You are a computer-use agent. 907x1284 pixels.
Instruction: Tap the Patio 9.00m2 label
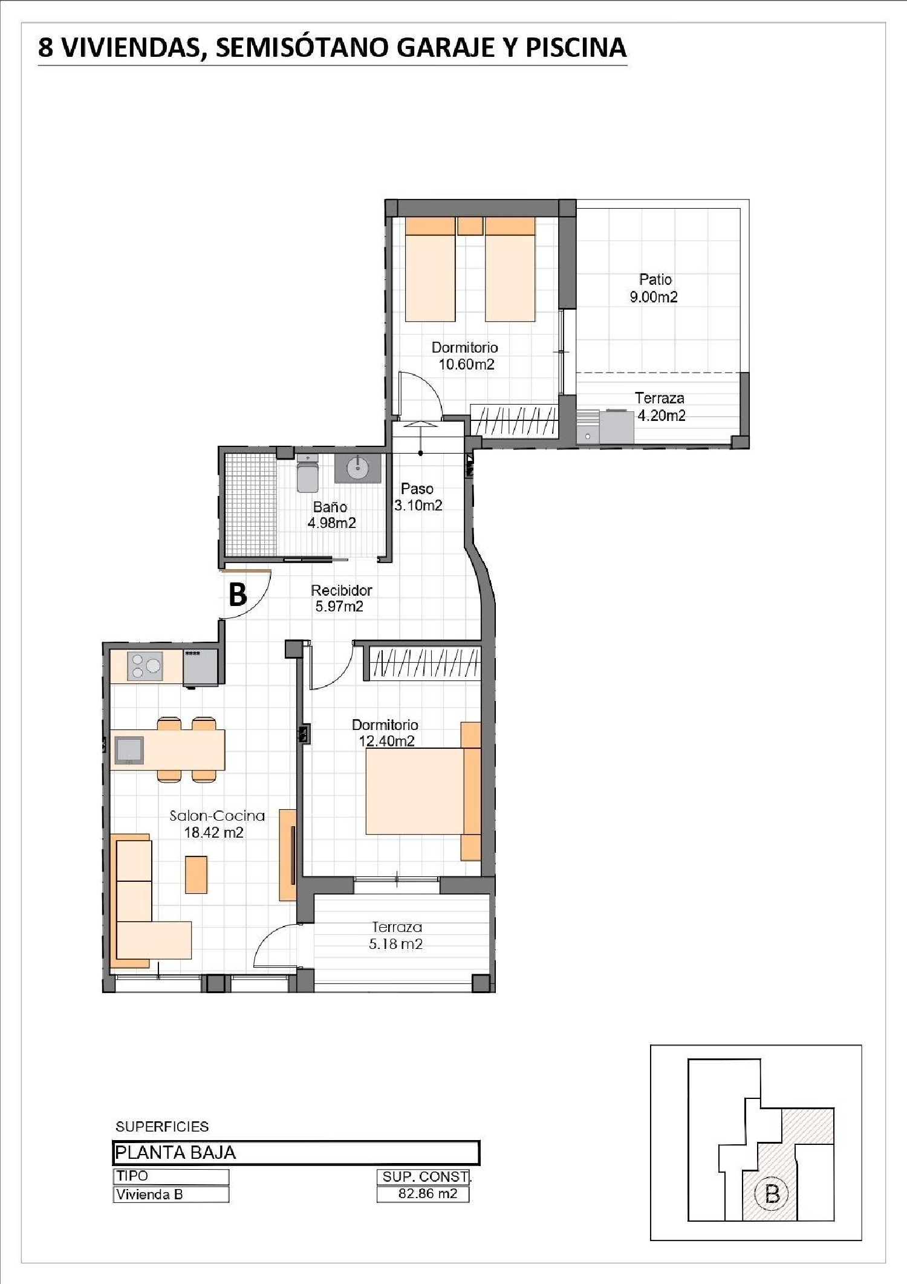point(654,288)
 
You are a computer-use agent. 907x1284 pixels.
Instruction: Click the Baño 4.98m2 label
point(331,515)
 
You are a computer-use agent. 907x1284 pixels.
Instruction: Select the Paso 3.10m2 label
point(418,497)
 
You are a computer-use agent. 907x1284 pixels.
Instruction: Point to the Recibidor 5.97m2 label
point(341,598)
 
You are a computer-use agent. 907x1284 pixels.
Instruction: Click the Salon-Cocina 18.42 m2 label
point(216,824)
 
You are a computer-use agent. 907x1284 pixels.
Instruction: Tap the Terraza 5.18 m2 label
point(396,935)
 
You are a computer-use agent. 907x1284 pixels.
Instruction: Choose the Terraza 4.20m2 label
point(660,406)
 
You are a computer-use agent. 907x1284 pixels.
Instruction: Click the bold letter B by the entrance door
point(238,594)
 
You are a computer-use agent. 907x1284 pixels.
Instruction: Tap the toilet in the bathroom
point(308,474)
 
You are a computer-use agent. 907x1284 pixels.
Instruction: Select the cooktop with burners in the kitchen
point(145,666)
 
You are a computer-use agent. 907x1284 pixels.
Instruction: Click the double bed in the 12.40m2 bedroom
point(423,791)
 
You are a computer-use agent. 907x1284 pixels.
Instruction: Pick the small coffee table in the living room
point(196,874)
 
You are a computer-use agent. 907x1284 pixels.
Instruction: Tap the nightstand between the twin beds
point(470,226)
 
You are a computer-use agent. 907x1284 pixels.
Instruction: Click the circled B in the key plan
point(772,1194)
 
